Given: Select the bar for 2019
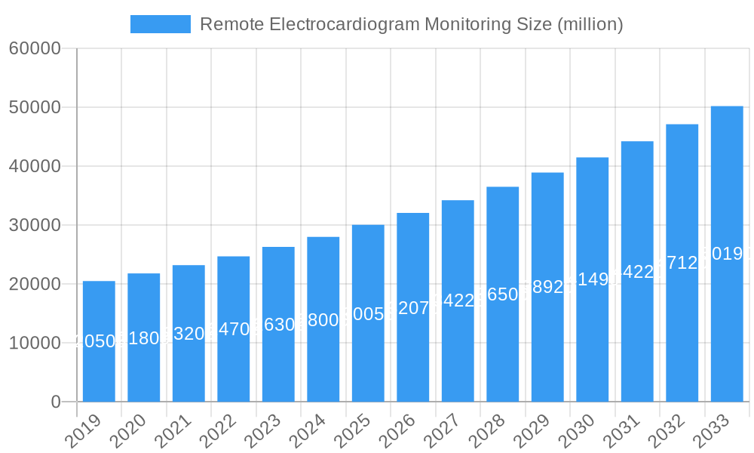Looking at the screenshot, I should (x=99, y=341).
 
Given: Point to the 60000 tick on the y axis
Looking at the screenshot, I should (x=35, y=48).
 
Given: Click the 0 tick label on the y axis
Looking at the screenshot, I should (x=56, y=402).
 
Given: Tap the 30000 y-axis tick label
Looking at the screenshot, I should (x=35, y=225).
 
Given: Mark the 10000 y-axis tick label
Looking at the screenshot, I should (x=35, y=343).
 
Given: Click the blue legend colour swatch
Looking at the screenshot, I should (x=161, y=24).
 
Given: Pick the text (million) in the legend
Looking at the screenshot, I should (x=590, y=24).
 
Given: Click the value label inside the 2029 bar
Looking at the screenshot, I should (x=547, y=287).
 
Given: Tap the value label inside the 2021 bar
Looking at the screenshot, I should (x=188, y=334).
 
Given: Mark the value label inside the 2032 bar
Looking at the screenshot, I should (x=682, y=263).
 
